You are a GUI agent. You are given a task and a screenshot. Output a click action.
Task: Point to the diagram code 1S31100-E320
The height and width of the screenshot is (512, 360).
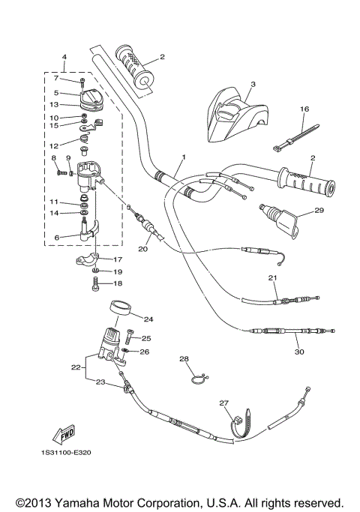pos(68,452)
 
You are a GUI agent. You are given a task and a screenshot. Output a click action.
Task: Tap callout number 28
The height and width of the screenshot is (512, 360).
pos(184,359)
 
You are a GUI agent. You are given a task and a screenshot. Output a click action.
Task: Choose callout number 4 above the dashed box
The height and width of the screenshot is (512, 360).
pos(64,57)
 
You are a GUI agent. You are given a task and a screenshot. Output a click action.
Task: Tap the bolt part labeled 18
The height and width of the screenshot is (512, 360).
pos(94,284)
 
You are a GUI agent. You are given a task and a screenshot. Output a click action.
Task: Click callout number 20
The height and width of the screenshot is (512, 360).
pos(142,250)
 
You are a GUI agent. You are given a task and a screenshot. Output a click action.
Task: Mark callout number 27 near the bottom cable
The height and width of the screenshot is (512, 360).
pos(223,403)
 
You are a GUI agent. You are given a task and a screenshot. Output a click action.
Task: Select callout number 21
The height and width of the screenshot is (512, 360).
pos(273,278)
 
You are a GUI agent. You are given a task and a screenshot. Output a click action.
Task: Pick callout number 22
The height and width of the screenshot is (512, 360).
pos(75,367)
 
